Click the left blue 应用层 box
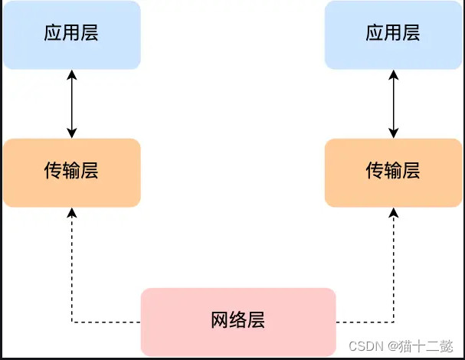(71, 34)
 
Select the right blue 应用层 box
(393, 34)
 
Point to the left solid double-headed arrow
(71, 103)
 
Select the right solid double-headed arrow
(393, 103)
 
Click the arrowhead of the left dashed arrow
(71, 212)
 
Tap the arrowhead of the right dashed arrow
(393, 212)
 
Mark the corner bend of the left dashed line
(71, 322)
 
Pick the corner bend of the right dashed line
(393, 322)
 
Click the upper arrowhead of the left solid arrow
(71, 74)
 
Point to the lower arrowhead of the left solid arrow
(71, 133)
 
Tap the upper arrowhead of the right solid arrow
(393, 74)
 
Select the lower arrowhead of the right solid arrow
(393, 133)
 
